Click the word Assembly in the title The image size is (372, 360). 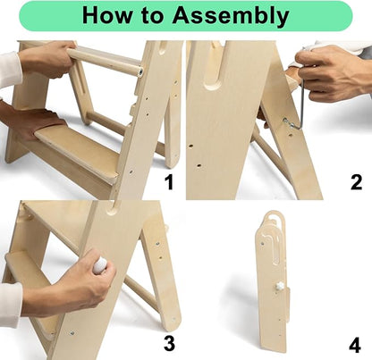click(231, 16)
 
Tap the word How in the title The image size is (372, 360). click(106, 15)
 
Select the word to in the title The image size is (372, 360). click(151, 15)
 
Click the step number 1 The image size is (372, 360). click(169, 182)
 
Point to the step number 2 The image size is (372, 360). click(356, 182)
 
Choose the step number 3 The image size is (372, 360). click(170, 343)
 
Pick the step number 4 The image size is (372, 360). click(355, 346)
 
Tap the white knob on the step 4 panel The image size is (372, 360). click(279, 287)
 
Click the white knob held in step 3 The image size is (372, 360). click(100, 264)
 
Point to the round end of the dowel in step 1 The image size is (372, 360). click(139, 71)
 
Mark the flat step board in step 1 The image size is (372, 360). click(79, 152)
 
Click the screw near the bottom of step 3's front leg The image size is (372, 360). click(72, 332)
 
